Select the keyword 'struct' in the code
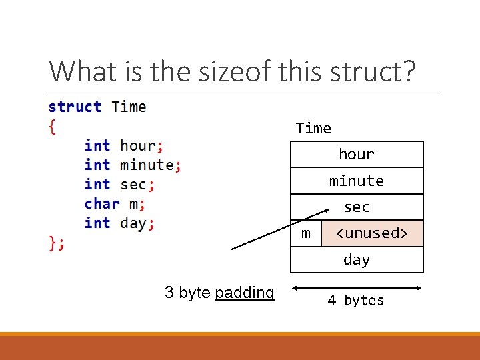[x=75, y=107]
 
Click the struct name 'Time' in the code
[x=129, y=107]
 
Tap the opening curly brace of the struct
[x=53, y=126]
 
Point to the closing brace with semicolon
[x=57, y=243]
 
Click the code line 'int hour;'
[x=124, y=145]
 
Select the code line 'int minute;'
[x=133, y=165]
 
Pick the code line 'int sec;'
[x=119, y=184]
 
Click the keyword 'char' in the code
[x=102, y=203]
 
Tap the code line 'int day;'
[x=119, y=223]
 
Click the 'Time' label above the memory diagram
[x=313, y=128]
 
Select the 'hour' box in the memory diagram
[x=357, y=154]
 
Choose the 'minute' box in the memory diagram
[x=357, y=181]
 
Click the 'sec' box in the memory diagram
[x=357, y=207]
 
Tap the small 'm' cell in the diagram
[x=306, y=233]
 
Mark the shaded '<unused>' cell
[x=372, y=233]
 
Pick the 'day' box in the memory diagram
[x=357, y=260]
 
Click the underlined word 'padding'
[x=245, y=293]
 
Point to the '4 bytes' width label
[x=356, y=301]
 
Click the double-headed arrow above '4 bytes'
[x=357, y=288]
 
